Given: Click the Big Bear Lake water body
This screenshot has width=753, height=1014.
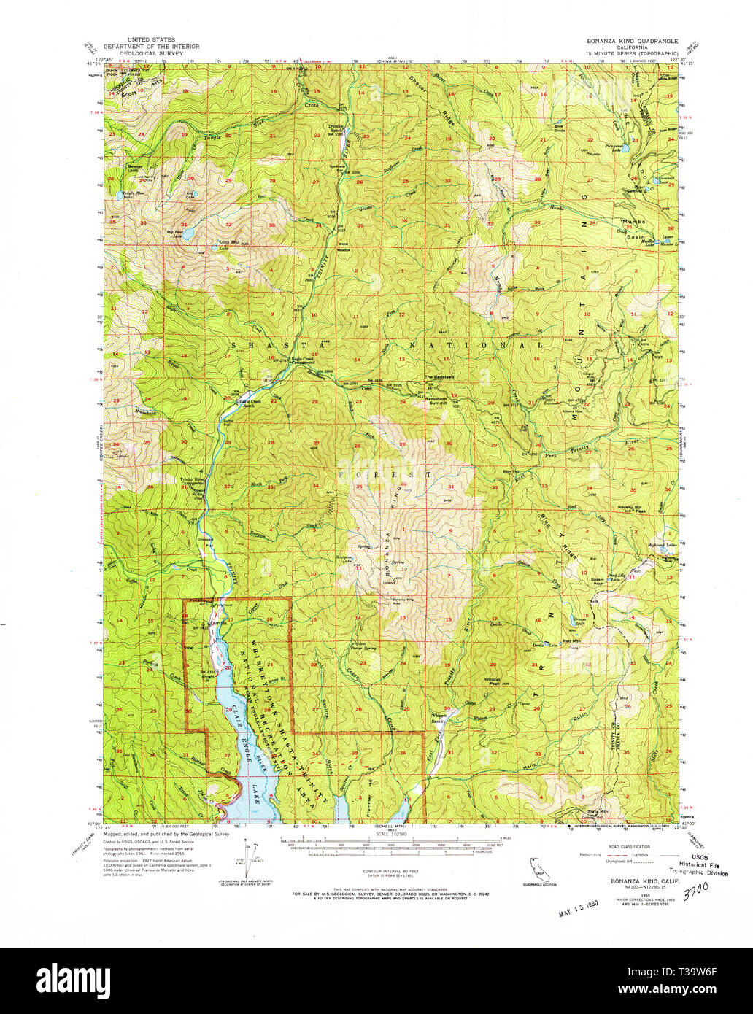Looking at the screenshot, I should pyautogui.click(x=185, y=234).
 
